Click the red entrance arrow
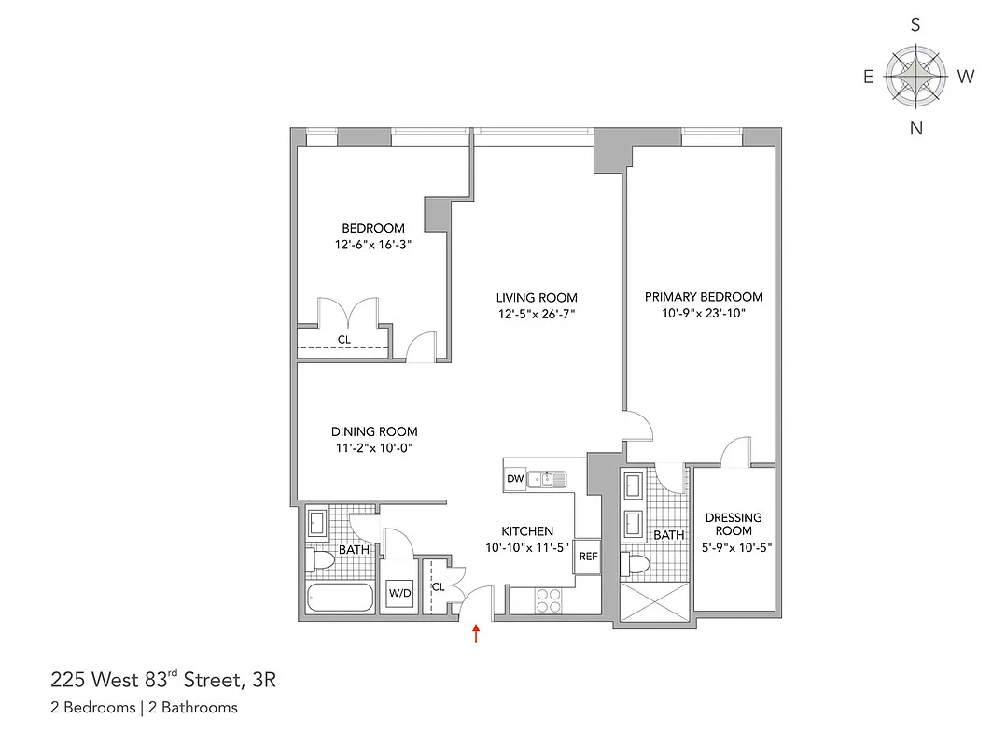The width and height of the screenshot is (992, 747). (x=477, y=635)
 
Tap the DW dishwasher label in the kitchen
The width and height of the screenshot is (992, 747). (x=514, y=479)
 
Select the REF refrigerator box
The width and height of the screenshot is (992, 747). (x=588, y=556)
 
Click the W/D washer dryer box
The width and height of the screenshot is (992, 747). (x=400, y=593)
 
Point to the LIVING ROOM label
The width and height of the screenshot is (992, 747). (x=536, y=297)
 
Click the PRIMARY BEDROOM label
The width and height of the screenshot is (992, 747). (x=704, y=297)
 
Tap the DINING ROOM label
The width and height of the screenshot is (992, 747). (x=374, y=431)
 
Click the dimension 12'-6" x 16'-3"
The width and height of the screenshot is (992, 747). (x=373, y=246)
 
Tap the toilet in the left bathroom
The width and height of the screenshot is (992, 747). (x=320, y=561)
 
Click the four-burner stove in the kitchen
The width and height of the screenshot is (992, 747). (x=548, y=599)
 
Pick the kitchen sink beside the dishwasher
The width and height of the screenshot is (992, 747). (x=545, y=479)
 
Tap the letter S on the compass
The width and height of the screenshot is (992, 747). (x=915, y=26)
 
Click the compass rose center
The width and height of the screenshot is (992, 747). (x=915, y=77)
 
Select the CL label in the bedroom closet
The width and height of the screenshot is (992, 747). (x=344, y=340)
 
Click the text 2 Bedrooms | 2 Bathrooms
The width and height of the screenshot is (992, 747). (x=144, y=707)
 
